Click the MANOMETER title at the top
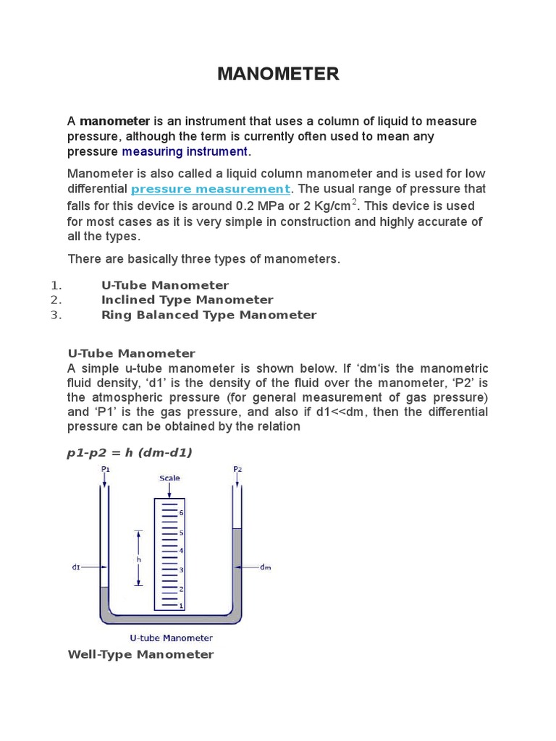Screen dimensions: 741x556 click(x=278, y=74)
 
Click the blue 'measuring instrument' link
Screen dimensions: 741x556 click(x=185, y=151)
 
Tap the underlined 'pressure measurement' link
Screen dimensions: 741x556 click(x=211, y=189)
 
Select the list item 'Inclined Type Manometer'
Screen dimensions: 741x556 click(x=187, y=300)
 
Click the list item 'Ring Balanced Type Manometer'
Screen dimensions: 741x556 click(x=208, y=315)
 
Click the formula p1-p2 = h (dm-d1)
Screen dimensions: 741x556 click(x=130, y=452)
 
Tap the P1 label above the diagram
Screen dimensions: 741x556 click(x=106, y=470)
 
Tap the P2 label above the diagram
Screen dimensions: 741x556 click(x=237, y=470)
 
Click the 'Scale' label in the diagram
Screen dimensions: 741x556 click(x=169, y=478)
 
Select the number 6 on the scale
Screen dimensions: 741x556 click(x=181, y=513)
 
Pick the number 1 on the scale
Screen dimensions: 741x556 click(x=181, y=605)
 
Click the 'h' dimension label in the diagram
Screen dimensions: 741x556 click(x=138, y=559)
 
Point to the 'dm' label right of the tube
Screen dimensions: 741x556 click(x=265, y=567)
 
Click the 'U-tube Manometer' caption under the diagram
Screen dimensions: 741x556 click(x=171, y=638)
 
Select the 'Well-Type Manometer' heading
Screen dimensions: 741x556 click(x=140, y=654)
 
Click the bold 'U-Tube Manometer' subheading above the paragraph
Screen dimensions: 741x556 click(x=131, y=353)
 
